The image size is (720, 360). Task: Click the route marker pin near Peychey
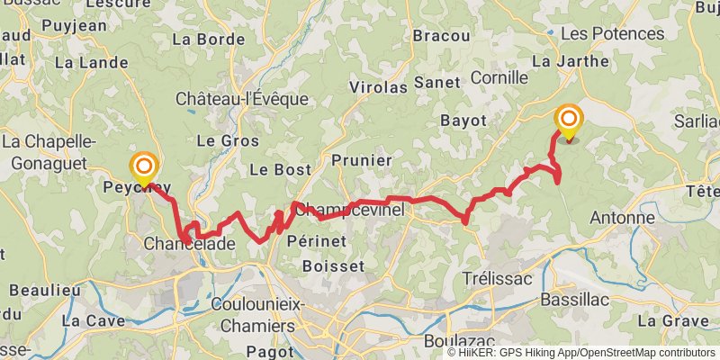(143, 166)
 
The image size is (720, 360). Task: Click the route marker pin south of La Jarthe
(569, 120)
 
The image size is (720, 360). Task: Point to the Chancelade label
(190, 244)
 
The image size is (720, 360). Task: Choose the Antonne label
(622, 218)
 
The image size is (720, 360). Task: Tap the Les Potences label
(612, 33)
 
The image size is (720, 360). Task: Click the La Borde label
(208, 40)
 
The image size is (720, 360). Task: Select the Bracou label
(441, 36)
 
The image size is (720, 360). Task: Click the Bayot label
(463, 120)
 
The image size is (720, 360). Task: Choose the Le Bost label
(280, 169)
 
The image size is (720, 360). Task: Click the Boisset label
(334, 266)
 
